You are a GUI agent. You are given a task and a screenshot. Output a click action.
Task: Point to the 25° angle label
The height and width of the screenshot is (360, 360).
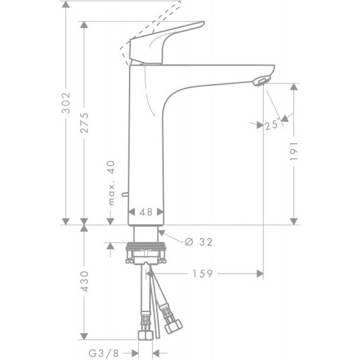pos(272,125)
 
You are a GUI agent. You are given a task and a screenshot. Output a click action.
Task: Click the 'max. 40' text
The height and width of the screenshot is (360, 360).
pos(110,183)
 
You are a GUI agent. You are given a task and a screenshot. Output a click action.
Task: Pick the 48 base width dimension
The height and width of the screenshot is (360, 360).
pos(146,213)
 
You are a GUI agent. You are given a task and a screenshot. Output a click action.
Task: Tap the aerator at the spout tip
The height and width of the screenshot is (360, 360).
pos(260,80)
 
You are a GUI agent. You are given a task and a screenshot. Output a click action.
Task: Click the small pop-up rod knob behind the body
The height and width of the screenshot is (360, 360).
pos(123,193)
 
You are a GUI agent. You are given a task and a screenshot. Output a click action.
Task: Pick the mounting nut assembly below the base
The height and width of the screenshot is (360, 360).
pos(146,253)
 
